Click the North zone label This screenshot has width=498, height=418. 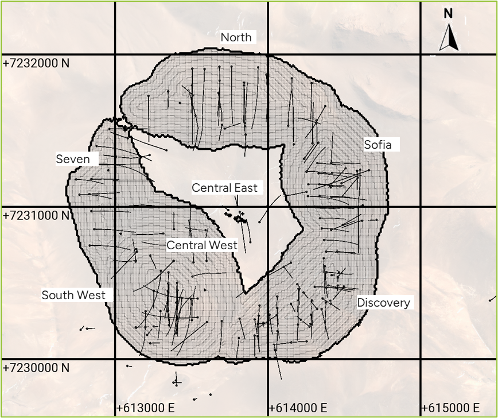tap(236, 37)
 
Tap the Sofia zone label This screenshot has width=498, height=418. tap(378, 145)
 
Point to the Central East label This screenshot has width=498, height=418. tap(224, 188)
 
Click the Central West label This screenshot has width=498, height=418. tap(201, 245)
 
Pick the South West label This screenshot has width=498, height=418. tap(73, 295)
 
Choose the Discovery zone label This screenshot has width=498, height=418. tap(383, 303)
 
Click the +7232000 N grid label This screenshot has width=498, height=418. tap(36, 63)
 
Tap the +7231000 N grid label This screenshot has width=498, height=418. tap(36, 215)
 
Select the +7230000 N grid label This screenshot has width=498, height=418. tap(36, 367)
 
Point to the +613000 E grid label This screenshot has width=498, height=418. tap(145, 408)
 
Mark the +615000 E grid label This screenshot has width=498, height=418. tap(450, 408)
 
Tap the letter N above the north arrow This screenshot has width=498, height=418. tap(448, 13)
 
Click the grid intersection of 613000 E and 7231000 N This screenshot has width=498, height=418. tap(115, 207)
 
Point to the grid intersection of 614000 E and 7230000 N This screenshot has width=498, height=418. tap(268, 360)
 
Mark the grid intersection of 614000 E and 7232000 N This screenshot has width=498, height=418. tap(268, 55)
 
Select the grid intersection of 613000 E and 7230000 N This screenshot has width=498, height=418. tap(115, 360)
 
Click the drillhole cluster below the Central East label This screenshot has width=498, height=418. tap(236, 217)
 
